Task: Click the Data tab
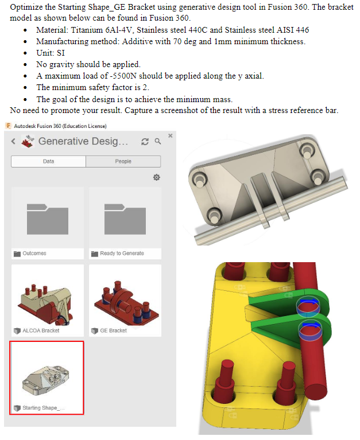(x=48, y=162)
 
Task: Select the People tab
(x=123, y=162)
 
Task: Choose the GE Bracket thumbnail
(x=125, y=295)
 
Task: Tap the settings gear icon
(x=156, y=178)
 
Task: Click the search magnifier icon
(x=157, y=141)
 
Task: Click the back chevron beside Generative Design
(x=13, y=142)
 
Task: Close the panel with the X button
(x=170, y=135)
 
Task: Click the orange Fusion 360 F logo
(x=7, y=126)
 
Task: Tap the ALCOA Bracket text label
(x=41, y=330)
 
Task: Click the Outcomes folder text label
(x=34, y=253)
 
